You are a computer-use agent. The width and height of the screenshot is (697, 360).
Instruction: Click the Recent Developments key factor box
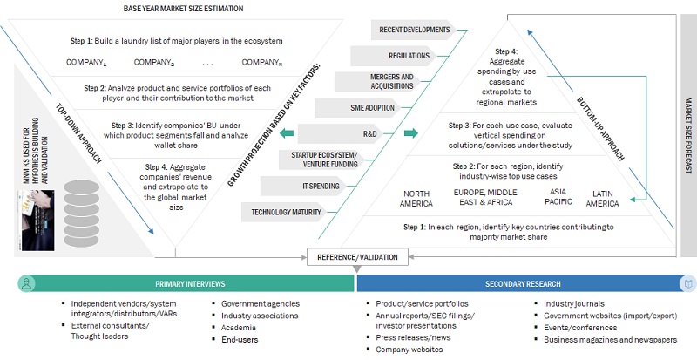(414, 31)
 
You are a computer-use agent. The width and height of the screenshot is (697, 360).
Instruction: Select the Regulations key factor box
(409, 56)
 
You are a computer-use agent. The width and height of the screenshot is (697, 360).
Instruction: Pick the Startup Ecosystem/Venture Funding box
(288, 160)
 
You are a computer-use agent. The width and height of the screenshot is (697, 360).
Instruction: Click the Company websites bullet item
(409, 349)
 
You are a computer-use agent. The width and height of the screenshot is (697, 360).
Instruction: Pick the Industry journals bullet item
(568, 303)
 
